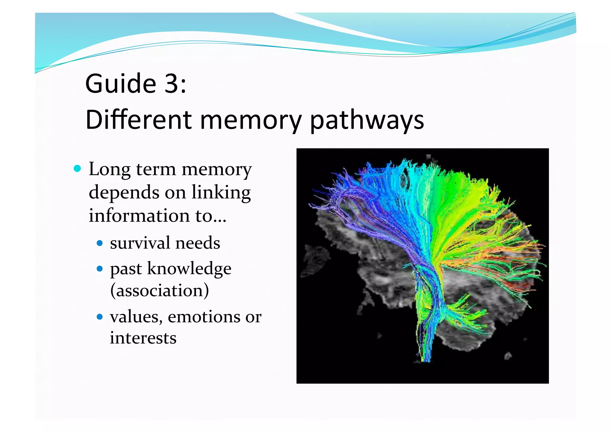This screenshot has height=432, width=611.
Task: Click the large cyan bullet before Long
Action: (77, 169)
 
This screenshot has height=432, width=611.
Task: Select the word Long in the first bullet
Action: (109, 170)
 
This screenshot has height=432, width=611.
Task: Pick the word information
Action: (139, 215)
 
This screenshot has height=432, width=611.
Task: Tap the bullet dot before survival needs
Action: (100, 243)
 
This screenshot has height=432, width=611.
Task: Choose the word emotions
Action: (204, 316)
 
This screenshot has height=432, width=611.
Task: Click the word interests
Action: (143, 338)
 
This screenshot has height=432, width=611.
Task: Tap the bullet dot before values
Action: (100, 316)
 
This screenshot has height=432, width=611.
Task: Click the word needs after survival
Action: (198, 243)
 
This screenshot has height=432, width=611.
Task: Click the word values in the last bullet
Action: (136, 316)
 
